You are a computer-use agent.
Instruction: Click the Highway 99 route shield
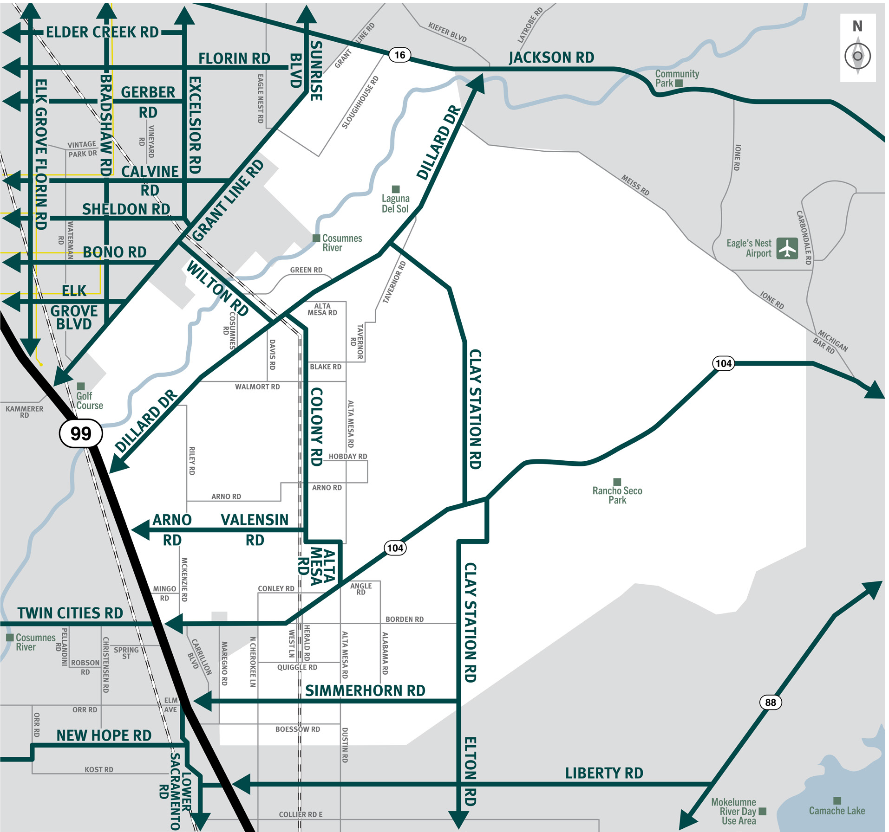[x=81, y=433]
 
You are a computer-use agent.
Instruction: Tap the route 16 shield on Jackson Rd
[x=399, y=55]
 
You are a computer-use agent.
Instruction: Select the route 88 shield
[x=771, y=702]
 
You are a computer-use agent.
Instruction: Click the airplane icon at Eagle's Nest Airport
[x=787, y=248]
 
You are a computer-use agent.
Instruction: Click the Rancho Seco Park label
[x=617, y=495]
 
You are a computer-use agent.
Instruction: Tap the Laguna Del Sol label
[x=395, y=204]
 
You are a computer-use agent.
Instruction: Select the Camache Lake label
[x=837, y=811]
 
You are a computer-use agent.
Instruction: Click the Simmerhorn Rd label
[x=365, y=691]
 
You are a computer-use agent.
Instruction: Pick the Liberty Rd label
[x=604, y=773]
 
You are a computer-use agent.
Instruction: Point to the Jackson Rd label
[x=551, y=58]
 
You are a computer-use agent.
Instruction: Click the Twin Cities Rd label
[x=70, y=613]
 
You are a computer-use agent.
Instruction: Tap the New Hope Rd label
[x=104, y=735]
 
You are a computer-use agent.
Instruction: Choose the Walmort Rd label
[x=257, y=387]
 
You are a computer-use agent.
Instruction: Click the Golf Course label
[x=89, y=400]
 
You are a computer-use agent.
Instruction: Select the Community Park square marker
[x=679, y=84]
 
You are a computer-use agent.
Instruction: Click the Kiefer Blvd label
[x=447, y=32]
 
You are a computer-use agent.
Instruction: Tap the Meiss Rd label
[x=635, y=185]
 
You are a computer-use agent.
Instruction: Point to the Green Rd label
[x=306, y=270]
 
